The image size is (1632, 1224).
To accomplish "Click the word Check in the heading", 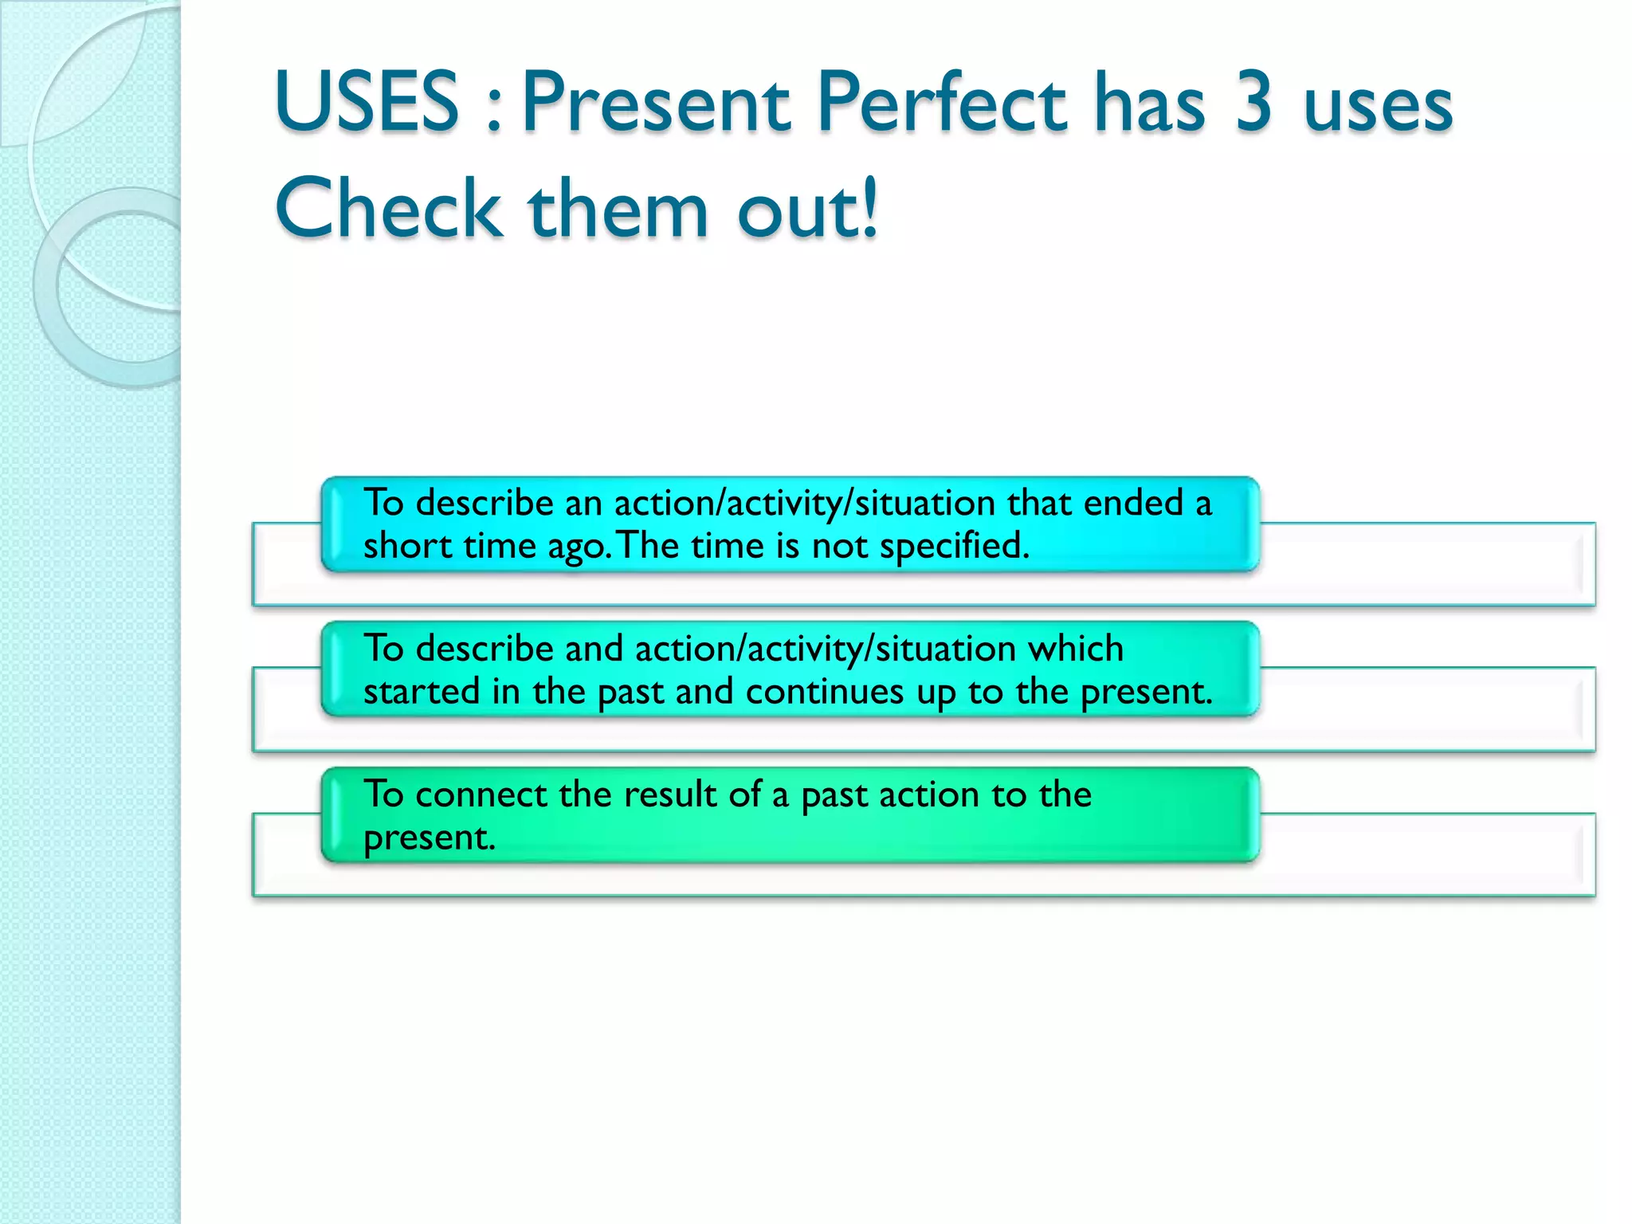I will coord(389,209).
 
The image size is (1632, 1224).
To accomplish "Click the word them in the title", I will coord(618,209).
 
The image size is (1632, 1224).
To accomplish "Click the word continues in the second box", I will coord(825,692).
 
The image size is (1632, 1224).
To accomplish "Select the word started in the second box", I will coord(422,692).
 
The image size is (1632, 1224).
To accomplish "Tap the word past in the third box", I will coord(834,795).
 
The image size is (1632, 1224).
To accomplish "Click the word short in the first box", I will coord(408,547).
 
